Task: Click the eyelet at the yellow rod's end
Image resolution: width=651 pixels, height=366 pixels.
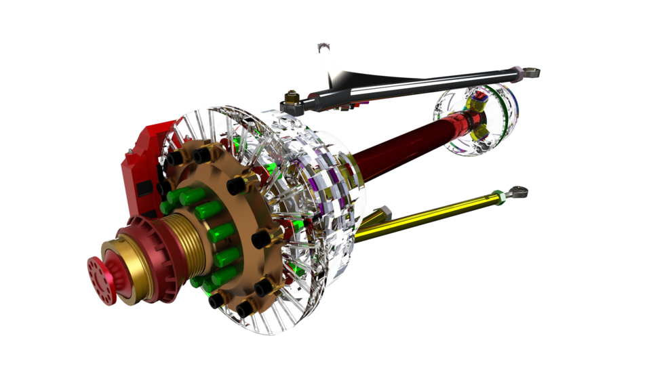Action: (x=519, y=192)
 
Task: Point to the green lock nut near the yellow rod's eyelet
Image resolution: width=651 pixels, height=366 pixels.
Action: (x=501, y=197)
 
